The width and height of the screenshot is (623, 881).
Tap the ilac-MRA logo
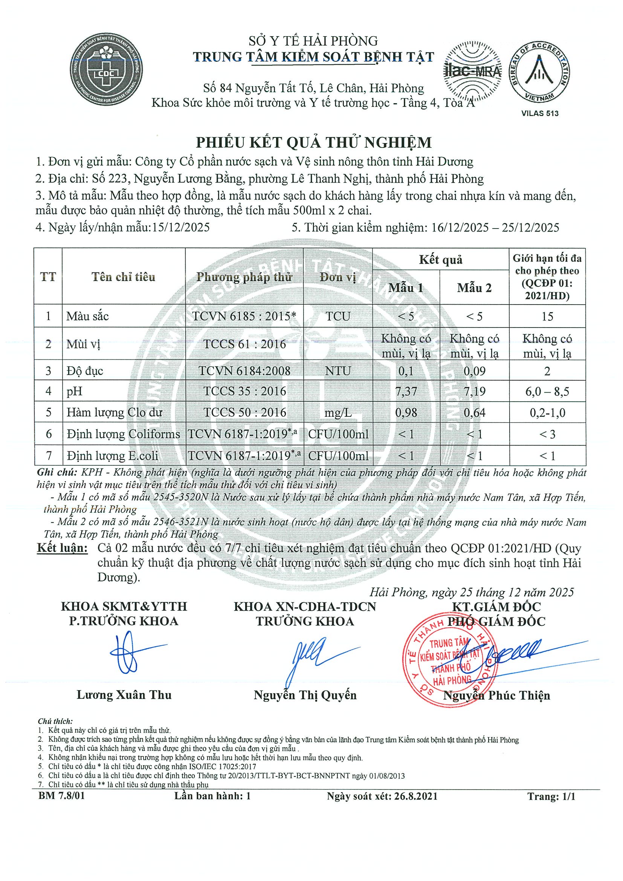(x=473, y=71)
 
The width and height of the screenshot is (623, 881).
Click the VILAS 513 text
(x=540, y=114)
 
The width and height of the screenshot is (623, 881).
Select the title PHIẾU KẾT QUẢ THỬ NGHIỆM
(x=314, y=142)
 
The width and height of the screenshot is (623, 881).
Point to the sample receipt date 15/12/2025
(x=181, y=227)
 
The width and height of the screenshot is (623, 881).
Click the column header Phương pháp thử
(x=244, y=277)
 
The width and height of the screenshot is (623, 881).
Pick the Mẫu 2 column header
(x=474, y=288)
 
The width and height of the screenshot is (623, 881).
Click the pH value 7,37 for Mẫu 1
(x=406, y=392)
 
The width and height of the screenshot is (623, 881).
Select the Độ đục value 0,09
(x=474, y=371)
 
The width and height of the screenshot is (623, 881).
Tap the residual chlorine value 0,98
(x=406, y=413)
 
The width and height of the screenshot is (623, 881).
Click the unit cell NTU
(x=338, y=371)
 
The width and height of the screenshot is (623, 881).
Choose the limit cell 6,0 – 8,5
(x=547, y=392)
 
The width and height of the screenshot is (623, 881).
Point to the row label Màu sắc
(x=87, y=316)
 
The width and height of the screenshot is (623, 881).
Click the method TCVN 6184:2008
(x=244, y=371)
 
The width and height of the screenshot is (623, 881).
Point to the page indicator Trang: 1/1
(x=551, y=796)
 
